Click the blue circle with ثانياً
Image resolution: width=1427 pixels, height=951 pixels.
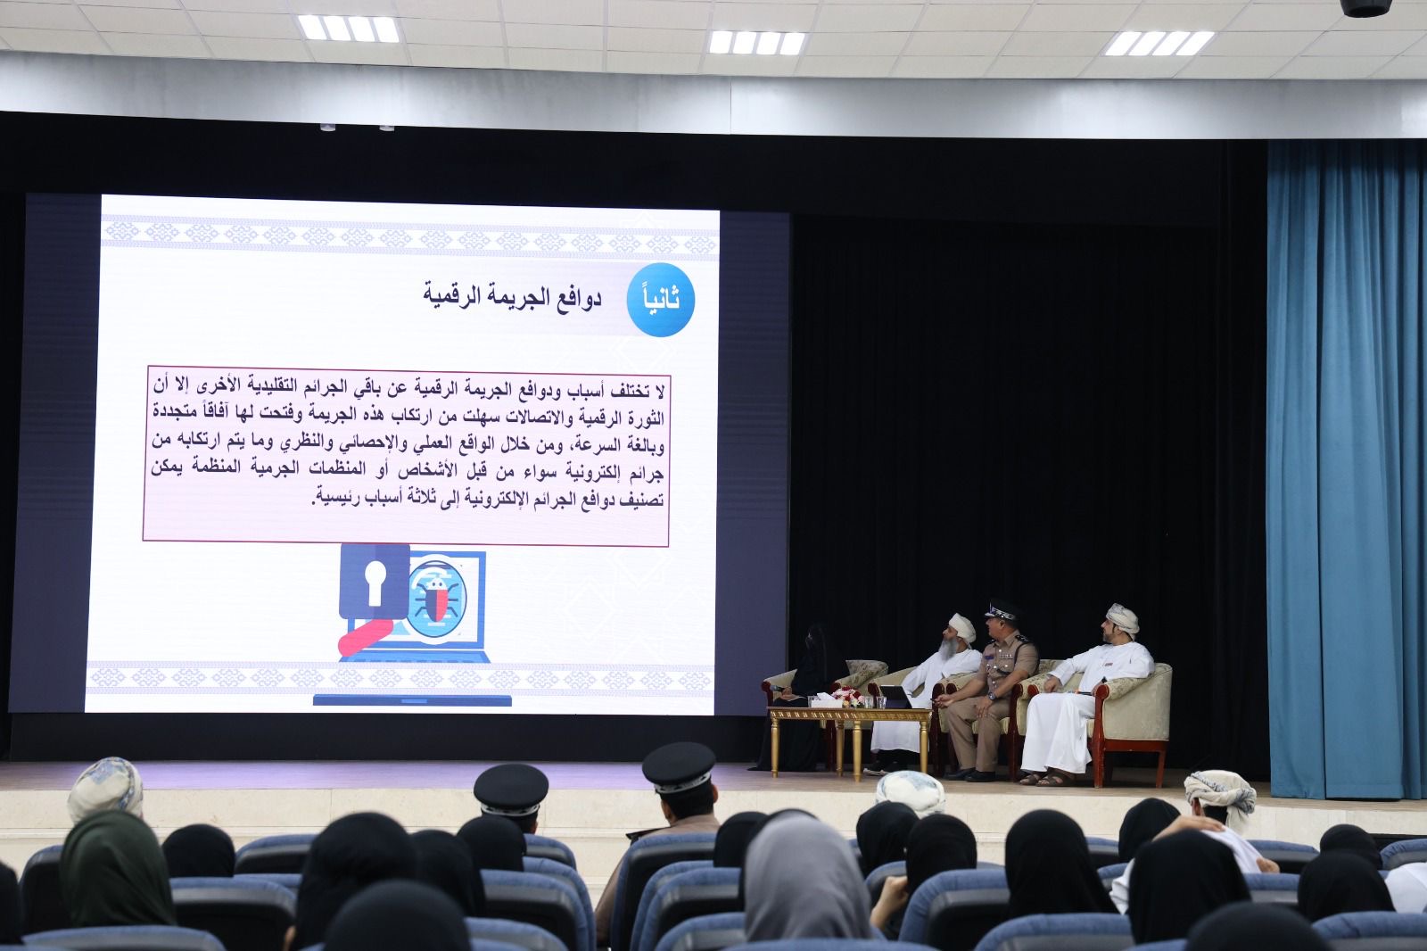click(x=661, y=300)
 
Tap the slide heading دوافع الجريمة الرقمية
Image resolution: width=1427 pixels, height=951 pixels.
click(x=512, y=298)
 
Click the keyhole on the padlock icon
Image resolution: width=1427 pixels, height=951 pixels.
click(x=374, y=583)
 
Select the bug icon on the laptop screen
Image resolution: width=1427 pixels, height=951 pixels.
click(x=436, y=598)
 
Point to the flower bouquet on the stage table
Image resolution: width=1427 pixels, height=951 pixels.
click(x=848, y=697)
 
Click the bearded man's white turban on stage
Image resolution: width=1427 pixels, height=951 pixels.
click(x=962, y=628)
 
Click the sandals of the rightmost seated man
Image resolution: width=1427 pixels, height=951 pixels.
click(x=1043, y=778)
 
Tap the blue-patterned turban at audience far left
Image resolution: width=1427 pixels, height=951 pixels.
click(x=105, y=787)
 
